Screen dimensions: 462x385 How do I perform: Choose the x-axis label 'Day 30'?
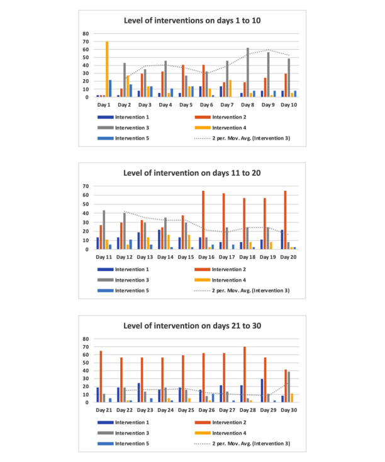(x=289, y=409)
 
